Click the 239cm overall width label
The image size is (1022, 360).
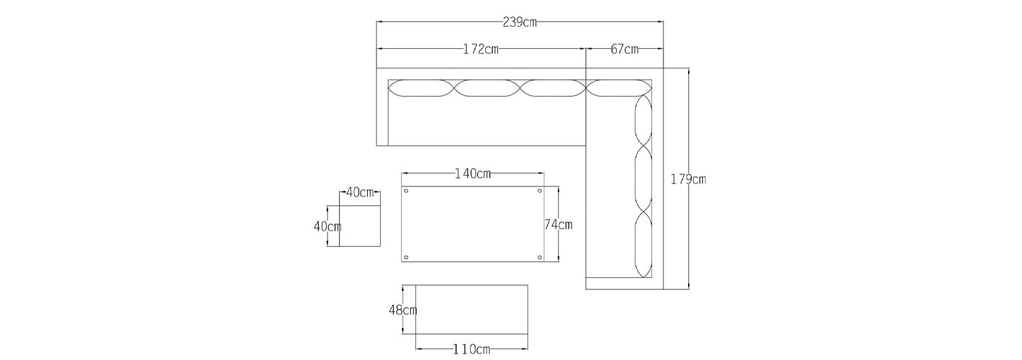tap(519, 22)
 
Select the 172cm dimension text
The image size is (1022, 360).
tap(481, 49)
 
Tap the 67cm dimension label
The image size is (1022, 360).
tap(625, 49)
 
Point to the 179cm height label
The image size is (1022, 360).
tap(688, 179)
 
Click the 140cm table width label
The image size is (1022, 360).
tap(473, 174)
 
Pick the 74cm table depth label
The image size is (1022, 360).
tap(558, 225)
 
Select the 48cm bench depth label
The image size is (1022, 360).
tap(403, 310)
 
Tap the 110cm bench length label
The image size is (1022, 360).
tap(471, 349)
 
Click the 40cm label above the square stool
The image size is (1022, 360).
tap(360, 192)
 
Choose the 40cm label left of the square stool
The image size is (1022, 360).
tap(327, 226)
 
